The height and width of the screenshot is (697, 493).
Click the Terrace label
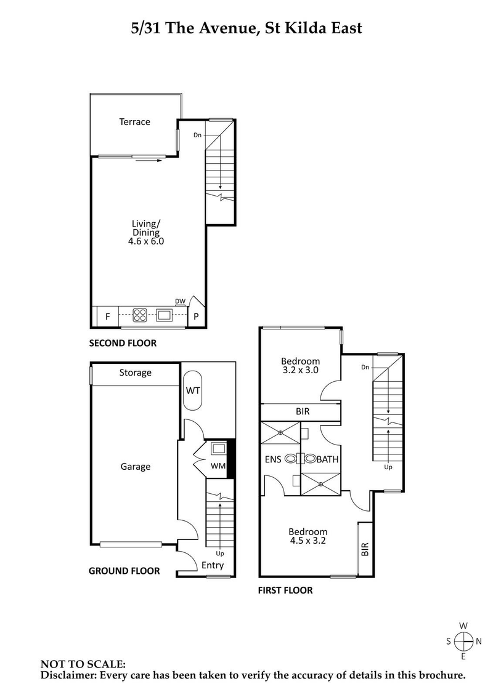(134, 122)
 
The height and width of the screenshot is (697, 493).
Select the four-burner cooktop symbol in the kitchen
(141, 316)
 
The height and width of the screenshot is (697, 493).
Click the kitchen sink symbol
(165, 316)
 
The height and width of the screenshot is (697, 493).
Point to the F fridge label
(107, 317)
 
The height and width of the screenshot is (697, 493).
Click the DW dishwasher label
(180, 301)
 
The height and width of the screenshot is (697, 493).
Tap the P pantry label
(196, 317)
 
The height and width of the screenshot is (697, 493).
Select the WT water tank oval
(193, 390)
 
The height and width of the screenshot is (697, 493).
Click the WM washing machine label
(218, 466)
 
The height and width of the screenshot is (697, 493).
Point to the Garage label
(135, 467)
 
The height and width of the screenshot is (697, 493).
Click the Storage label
(135, 373)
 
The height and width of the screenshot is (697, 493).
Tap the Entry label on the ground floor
(213, 566)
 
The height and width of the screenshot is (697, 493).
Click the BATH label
(327, 459)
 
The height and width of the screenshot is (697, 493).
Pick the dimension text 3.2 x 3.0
(300, 370)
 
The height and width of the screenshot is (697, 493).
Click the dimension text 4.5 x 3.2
(308, 541)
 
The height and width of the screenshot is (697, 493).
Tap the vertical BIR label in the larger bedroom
(365, 549)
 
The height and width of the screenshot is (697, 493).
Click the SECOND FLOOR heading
(123, 343)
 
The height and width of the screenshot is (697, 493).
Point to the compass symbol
(463, 641)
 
